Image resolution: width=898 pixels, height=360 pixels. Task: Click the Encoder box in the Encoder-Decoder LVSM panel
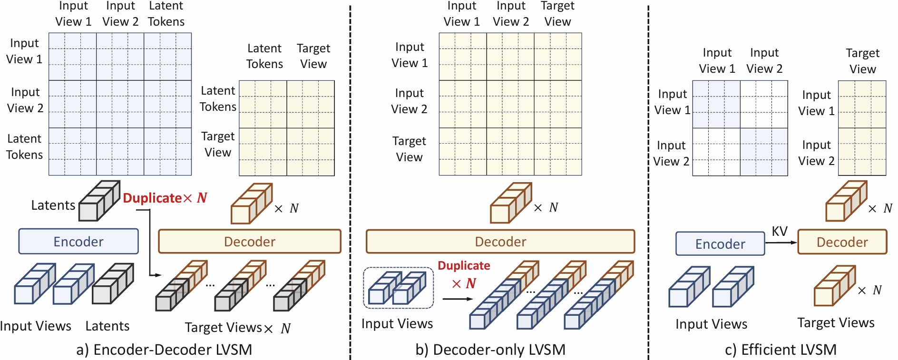pyautogui.click(x=78, y=242)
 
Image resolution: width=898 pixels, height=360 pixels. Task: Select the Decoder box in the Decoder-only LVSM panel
pyautogui.click(x=500, y=242)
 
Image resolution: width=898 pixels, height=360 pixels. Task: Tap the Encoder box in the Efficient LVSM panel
pyautogui.click(x=720, y=244)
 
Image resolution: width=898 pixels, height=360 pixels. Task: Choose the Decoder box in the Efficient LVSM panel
pyautogui.click(x=842, y=242)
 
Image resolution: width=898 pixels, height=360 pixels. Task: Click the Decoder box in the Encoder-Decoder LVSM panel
pyautogui.click(x=250, y=242)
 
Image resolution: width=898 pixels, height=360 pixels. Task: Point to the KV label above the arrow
pyautogui.click(x=780, y=231)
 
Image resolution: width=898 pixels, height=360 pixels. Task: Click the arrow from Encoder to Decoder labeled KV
pyautogui.click(x=781, y=243)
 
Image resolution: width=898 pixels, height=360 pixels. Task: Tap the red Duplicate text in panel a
pyautogui.click(x=152, y=198)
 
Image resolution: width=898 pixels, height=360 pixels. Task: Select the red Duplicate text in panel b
pyautogui.click(x=464, y=265)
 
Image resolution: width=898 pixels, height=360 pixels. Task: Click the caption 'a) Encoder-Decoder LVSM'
pyautogui.click(x=164, y=350)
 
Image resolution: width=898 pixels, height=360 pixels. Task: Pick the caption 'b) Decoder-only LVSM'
pyautogui.click(x=490, y=350)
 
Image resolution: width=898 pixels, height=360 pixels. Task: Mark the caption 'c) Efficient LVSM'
pyautogui.click(x=781, y=350)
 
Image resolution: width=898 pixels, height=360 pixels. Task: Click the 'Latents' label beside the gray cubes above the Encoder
pyautogui.click(x=53, y=205)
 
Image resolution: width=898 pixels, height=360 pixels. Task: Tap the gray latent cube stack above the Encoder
pyautogui.click(x=99, y=201)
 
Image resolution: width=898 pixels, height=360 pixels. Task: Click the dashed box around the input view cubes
pyautogui.click(x=398, y=288)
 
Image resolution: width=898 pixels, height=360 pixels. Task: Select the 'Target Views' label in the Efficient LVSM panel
pyautogui.click(x=836, y=322)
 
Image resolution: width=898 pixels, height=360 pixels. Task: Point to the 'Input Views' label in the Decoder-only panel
pyautogui.click(x=397, y=323)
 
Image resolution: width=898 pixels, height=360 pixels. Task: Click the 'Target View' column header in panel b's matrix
pyautogui.click(x=557, y=14)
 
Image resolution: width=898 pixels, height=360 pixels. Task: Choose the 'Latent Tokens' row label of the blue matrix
pyautogui.click(x=24, y=146)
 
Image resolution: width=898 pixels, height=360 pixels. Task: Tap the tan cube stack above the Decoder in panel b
pyautogui.click(x=510, y=204)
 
